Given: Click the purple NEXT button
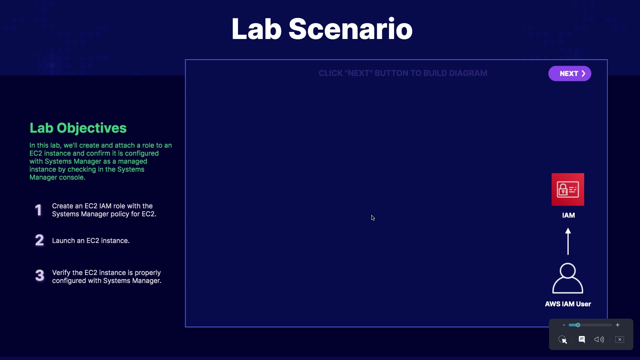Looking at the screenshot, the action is point(570,73).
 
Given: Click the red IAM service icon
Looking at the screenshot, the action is point(568,189).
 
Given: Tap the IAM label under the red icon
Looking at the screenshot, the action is point(568,215).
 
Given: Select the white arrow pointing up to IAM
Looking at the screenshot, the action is point(568,241).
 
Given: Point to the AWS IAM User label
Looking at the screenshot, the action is point(568,304).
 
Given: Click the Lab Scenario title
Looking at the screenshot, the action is point(322,29).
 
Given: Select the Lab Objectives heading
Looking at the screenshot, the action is point(78,128).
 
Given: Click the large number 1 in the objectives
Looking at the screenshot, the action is point(39,210).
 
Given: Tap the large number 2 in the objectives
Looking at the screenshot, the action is point(39,240).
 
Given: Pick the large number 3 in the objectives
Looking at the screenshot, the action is point(40,275).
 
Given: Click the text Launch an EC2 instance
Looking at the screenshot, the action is point(91,241).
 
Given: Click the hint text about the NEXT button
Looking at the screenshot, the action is point(403,73).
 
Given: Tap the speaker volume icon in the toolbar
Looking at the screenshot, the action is point(599,339).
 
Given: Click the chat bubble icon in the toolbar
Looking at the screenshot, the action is point(582,339).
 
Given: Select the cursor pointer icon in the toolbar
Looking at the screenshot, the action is point(563,339).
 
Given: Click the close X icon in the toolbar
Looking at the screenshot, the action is point(620,339).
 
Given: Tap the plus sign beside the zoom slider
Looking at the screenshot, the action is point(618,325).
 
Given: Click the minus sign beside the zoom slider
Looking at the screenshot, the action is point(564,325).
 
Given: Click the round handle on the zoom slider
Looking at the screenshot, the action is point(578,325).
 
